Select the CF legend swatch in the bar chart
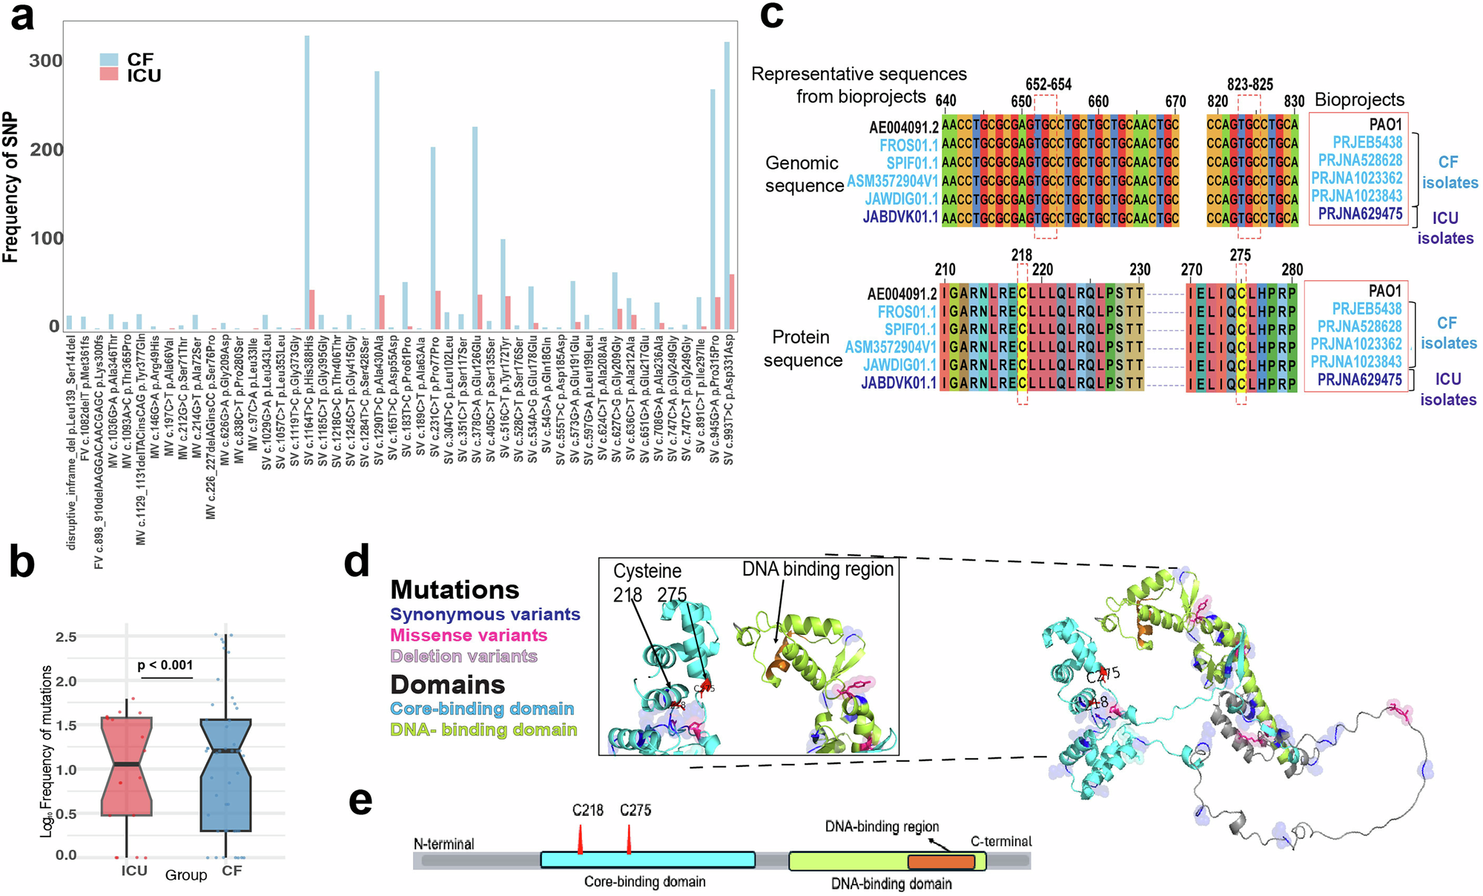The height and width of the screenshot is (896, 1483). (109, 59)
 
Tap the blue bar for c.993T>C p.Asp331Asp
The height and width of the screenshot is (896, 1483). (727, 185)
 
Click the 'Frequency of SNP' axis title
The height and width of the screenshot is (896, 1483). (10, 187)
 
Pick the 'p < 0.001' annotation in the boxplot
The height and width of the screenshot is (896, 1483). (165, 665)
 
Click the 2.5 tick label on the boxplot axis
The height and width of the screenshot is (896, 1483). (66, 637)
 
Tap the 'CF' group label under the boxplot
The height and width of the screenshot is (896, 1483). (232, 871)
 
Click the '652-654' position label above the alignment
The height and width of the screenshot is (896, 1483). (1048, 85)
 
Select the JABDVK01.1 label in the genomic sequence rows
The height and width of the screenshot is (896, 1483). (900, 217)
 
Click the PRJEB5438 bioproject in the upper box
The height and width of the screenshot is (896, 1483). (1367, 142)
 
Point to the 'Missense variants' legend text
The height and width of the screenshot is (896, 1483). (469, 636)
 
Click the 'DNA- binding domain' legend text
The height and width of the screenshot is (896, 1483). (483, 730)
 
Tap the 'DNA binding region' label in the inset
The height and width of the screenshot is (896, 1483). (818, 569)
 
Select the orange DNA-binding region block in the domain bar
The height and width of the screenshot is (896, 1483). (941, 862)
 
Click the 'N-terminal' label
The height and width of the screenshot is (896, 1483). (444, 844)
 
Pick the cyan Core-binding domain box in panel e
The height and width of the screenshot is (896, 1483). (647, 860)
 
